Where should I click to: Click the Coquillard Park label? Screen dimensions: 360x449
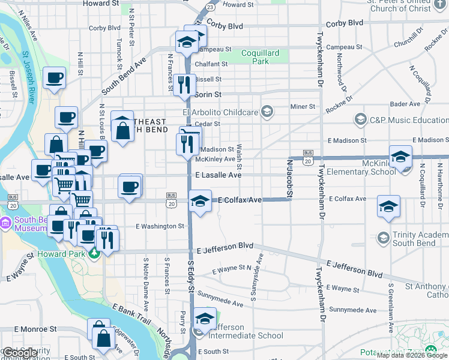[x=260, y=57]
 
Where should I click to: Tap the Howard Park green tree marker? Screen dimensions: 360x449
[x=94, y=254]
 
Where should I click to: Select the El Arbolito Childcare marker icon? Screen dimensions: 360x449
[x=267, y=112]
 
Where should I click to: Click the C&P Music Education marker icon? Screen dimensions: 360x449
[x=360, y=119]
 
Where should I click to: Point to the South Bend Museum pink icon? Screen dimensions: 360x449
[x=7, y=223]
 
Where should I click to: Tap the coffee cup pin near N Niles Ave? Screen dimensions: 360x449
[x=54, y=77]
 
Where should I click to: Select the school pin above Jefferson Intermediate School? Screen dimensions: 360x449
[x=205, y=317]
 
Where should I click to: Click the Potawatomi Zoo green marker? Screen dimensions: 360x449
[x=430, y=350]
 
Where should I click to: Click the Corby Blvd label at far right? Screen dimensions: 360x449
[x=345, y=22]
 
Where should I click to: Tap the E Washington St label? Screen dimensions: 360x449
[x=160, y=226]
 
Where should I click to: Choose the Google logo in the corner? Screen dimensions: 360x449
[x=20, y=353]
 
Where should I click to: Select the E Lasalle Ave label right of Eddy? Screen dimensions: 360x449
[x=218, y=175]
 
